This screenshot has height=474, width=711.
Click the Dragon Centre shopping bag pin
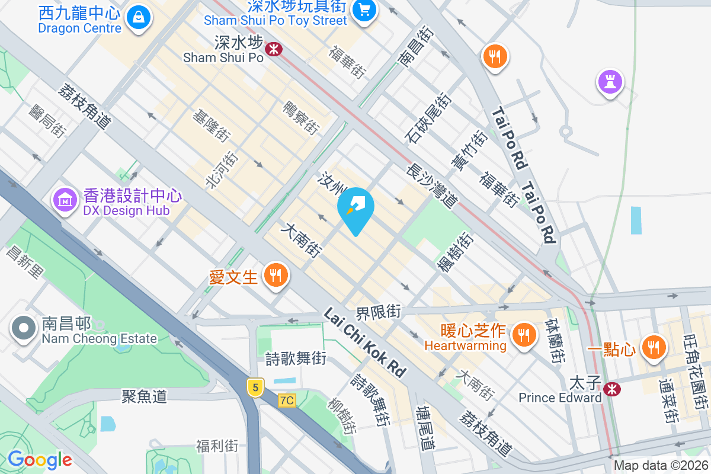(x=138, y=17)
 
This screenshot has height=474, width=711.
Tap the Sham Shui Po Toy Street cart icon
(x=362, y=9)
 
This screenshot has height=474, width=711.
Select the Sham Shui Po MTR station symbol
(x=273, y=49)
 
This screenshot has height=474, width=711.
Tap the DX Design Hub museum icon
(x=66, y=200)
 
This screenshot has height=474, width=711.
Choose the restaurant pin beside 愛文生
(x=276, y=276)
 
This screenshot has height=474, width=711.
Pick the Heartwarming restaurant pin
(x=524, y=335)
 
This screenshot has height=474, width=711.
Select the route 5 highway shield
(x=255, y=387)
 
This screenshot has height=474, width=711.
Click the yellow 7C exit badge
(x=287, y=401)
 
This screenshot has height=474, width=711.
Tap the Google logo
(x=40, y=460)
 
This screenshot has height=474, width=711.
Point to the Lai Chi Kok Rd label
(x=365, y=342)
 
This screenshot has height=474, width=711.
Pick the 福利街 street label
(x=217, y=445)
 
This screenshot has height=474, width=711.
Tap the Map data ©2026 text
(x=660, y=466)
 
